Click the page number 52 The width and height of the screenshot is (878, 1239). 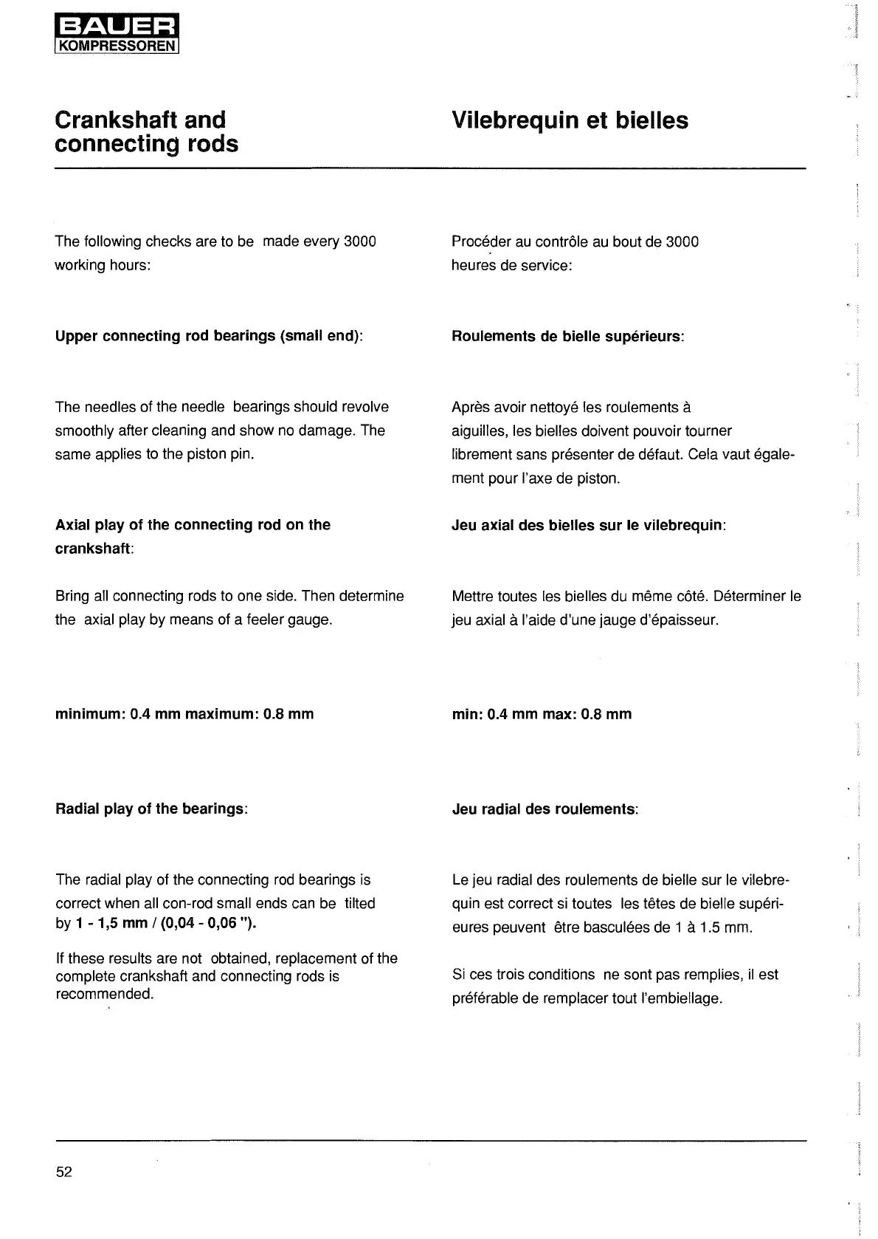click(64, 1172)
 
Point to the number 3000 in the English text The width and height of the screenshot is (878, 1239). click(360, 241)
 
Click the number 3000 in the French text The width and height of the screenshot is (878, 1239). click(682, 242)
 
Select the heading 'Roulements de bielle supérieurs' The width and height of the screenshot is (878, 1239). click(567, 336)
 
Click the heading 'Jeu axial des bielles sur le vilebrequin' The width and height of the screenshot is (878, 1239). click(587, 525)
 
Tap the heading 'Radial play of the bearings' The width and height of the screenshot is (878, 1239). click(150, 809)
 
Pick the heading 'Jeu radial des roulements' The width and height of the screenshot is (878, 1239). click(544, 809)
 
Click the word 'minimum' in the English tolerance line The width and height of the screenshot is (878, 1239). click(89, 714)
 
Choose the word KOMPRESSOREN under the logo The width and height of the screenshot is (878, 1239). click(117, 46)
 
